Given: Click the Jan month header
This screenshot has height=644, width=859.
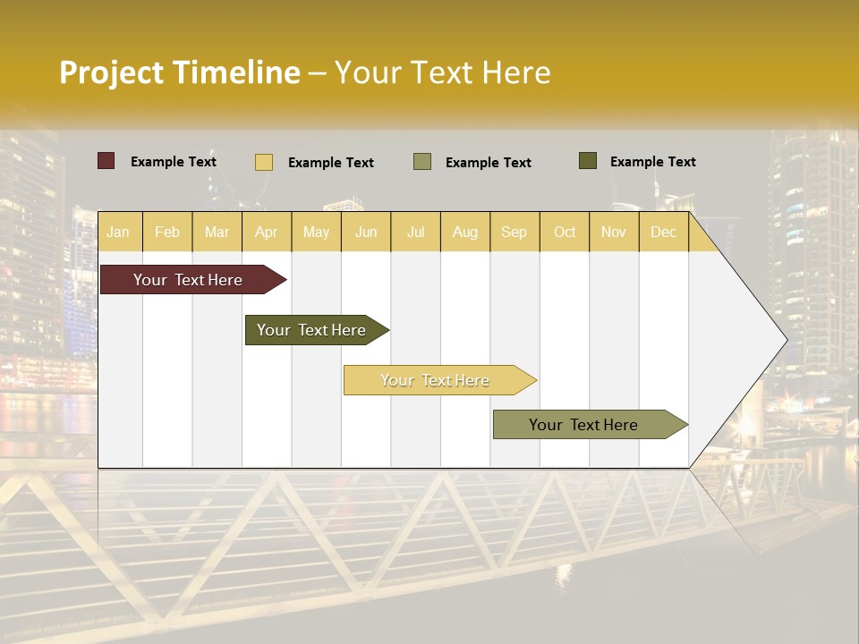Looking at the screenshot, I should pos(118,232).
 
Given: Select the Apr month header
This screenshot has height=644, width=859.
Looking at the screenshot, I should pos(266,232).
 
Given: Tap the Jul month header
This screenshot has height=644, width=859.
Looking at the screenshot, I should pos(415,232).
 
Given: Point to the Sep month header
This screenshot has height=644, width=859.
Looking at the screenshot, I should pos(514,232).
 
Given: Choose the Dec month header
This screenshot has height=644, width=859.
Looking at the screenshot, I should pos(663,232).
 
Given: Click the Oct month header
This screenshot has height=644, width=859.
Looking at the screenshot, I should pos(565,232).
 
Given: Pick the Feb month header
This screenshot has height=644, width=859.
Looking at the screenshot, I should pos(167,232).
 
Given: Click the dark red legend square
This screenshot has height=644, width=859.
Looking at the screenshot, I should pos(106,161).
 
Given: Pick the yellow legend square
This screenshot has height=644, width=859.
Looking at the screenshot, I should pos(264,162).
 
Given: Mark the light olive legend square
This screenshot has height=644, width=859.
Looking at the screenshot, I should pos(422,162).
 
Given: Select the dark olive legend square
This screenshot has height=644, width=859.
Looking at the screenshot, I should pos(588,161).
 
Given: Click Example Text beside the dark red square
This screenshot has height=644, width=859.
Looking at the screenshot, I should pos(174,162).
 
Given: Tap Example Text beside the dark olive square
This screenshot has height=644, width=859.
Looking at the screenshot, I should pos(653,162).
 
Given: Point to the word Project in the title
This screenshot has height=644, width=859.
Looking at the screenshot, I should pos(112,72).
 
